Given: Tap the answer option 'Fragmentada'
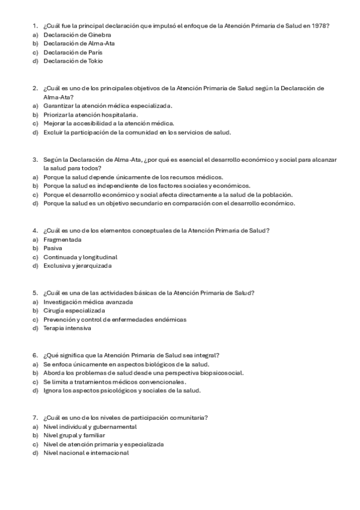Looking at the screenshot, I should pyautogui.click(x=62, y=239).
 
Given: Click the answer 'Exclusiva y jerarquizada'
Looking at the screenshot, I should pyautogui.click(x=78, y=265).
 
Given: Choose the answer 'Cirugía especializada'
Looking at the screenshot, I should pyautogui.click(x=74, y=310).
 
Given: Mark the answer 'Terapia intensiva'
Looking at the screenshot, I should pyautogui.click(x=67, y=328).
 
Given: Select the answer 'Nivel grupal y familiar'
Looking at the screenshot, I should pyautogui.click(x=74, y=435).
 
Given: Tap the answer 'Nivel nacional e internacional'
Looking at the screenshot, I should pyautogui.click(x=86, y=453).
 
